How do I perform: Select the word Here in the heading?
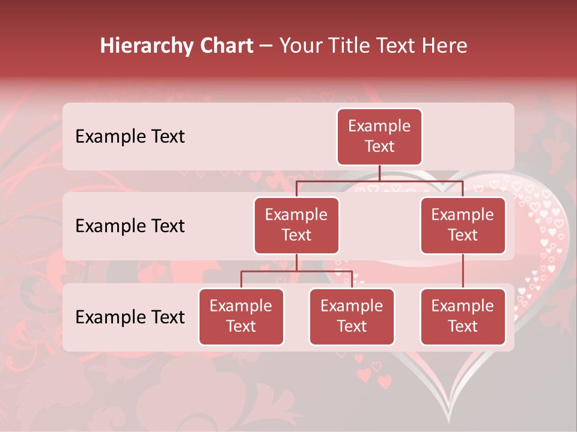pos(445,46)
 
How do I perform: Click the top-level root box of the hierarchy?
pos(379,137)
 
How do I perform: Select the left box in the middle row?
pos(296,225)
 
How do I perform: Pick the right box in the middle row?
pos(463,225)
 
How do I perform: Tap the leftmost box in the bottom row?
pos(241,316)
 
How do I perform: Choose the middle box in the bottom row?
pos(352,316)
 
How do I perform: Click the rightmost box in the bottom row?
pos(463,316)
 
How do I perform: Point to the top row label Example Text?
pos(130,137)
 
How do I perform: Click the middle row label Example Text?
pos(130,226)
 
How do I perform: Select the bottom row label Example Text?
pos(130,317)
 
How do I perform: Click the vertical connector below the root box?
pos(379,173)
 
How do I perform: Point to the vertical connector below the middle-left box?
pos(296,262)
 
